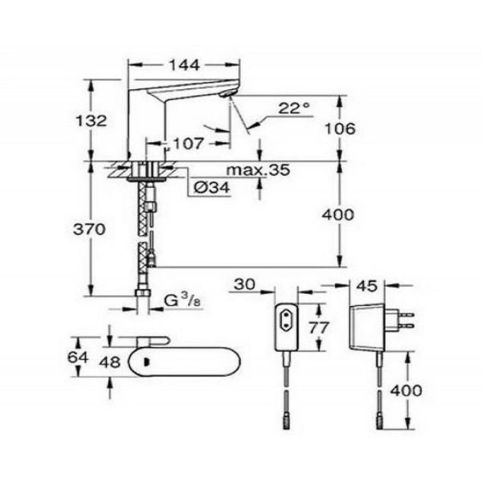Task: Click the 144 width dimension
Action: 185,65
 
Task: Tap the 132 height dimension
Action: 92,120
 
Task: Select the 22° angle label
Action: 294,108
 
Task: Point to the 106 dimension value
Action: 340,129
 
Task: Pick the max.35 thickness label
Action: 258,170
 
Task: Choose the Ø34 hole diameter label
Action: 212,187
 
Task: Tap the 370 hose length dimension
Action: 89,229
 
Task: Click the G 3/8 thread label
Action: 182,300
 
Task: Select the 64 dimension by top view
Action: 78,357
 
